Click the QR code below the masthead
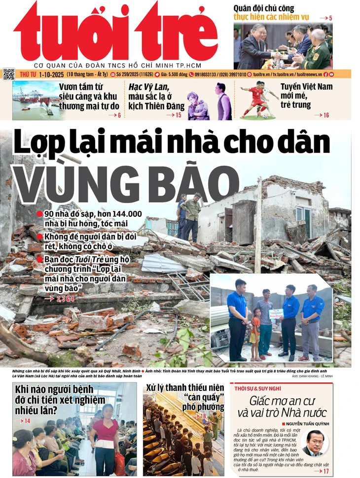(x=9, y=74)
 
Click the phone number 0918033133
(x=210, y=74)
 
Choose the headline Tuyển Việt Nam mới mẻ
(x=314, y=96)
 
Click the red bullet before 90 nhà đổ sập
(x=39, y=214)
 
